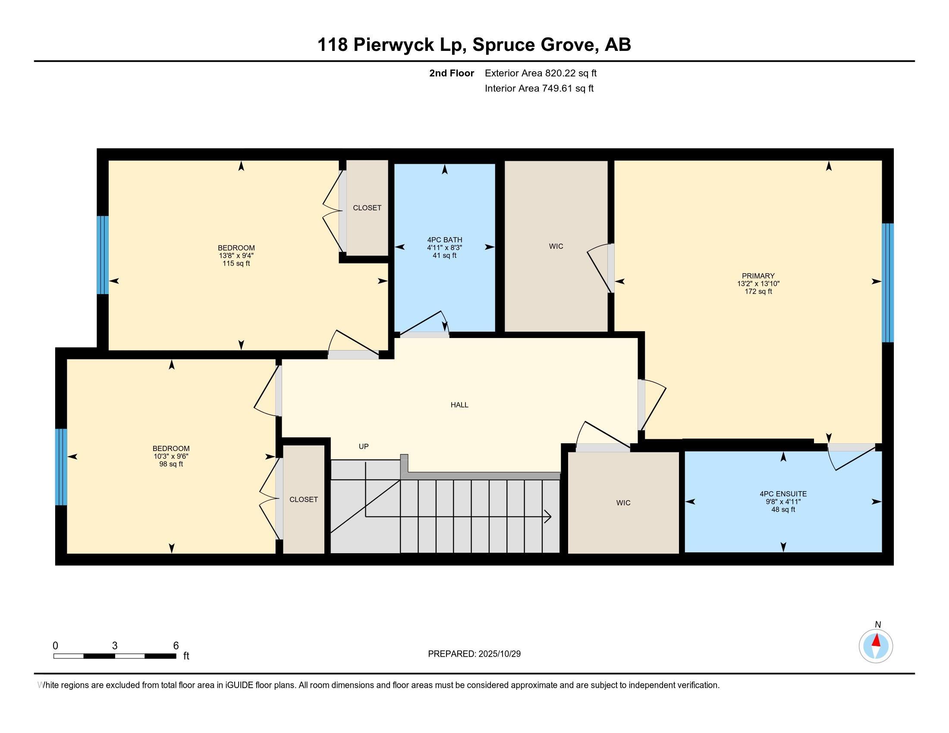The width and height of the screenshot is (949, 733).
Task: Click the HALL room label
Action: [x=459, y=405]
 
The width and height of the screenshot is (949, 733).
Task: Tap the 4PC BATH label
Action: [x=444, y=240]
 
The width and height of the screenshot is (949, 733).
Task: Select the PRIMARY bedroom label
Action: [x=758, y=276]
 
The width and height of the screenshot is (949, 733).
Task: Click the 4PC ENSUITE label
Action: [x=783, y=494]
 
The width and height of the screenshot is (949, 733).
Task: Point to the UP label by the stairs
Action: [x=363, y=446]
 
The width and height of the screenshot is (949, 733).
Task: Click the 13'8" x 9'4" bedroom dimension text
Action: [x=236, y=256]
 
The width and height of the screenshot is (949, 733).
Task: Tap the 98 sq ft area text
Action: [x=171, y=464]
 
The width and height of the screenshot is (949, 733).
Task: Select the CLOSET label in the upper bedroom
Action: [x=367, y=208]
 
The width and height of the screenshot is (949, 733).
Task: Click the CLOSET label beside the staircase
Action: [x=303, y=499]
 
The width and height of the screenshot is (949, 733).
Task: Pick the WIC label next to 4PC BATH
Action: [x=556, y=246]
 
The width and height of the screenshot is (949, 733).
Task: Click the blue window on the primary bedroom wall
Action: [x=887, y=282]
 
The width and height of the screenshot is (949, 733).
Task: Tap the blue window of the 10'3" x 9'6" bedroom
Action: [x=61, y=467]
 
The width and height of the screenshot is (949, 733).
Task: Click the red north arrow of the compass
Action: [x=877, y=641]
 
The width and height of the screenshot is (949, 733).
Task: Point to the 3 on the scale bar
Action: [x=115, y=646]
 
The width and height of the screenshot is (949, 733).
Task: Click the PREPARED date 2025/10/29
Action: [x=499, y=654]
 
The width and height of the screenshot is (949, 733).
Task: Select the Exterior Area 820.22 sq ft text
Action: [x=540, y=73]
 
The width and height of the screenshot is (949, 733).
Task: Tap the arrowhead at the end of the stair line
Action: [x=548, y=517]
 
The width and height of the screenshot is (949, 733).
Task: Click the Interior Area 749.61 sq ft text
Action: [x=539, y=88]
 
